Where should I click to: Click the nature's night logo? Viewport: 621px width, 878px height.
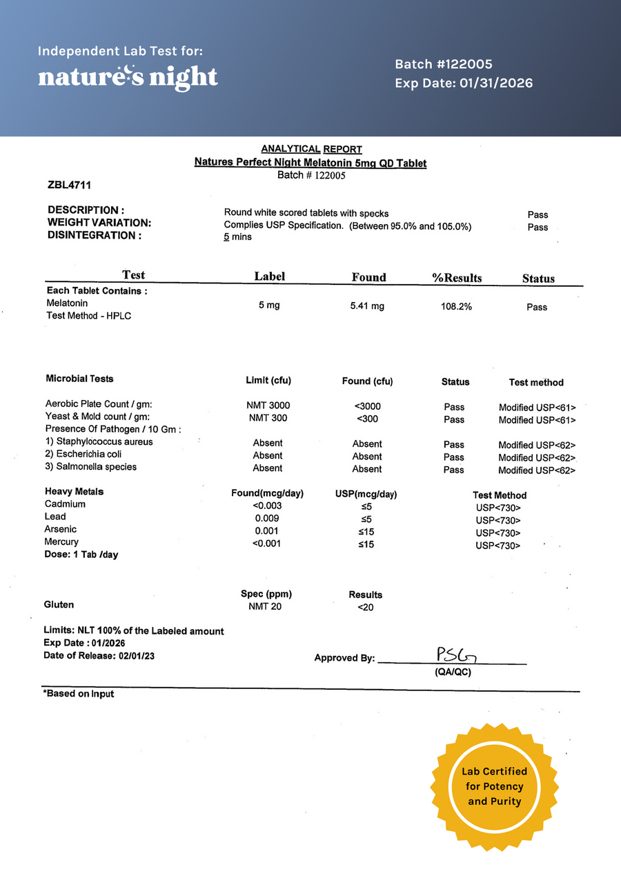128,76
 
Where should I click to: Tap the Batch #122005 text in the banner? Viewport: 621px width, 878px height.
443,64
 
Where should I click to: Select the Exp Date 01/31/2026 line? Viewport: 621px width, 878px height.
464,83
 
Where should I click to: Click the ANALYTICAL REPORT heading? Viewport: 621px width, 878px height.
311,149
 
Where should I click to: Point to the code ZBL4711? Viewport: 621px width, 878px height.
70,185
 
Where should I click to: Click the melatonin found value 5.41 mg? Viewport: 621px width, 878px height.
367,306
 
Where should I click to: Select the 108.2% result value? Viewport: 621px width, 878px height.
456,306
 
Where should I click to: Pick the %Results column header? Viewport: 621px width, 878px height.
457,278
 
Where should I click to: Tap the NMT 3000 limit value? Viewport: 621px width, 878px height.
268,406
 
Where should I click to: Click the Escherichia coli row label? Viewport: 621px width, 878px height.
83,454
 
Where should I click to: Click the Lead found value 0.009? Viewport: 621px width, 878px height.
267,517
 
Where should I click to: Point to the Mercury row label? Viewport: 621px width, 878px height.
61,542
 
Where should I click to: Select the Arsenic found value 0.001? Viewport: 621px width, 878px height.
267,530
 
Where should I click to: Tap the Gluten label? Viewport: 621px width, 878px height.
59,604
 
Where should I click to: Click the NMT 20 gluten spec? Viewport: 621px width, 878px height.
265,606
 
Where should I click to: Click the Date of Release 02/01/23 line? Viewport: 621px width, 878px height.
99,656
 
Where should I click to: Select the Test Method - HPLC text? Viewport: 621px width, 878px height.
88,315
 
